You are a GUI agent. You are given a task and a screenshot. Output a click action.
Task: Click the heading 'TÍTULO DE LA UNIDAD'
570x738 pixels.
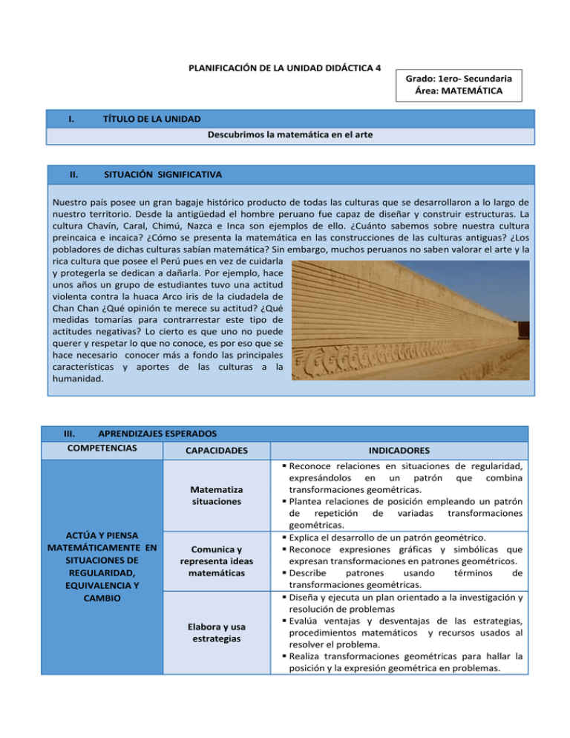click(x=151, y=119)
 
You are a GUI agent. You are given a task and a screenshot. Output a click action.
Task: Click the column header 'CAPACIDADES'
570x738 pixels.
click(x=214, y=451)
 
